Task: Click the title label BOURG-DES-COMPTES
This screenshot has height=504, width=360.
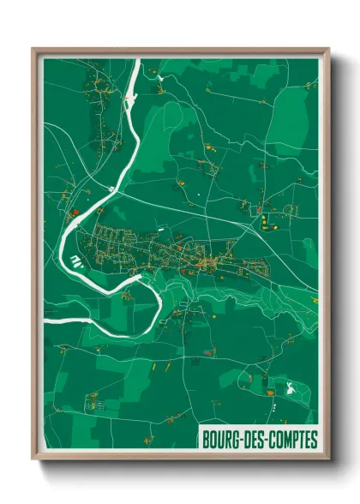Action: pos(258,440)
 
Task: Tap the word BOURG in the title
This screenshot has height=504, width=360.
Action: pos(219,440)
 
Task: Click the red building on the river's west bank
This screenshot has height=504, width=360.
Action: pos(75,211)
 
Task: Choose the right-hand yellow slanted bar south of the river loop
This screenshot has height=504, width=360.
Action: pos(168,366)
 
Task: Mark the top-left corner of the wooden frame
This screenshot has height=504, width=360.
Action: pos(33,49)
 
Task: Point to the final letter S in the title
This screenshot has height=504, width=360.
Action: pos(313,440)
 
